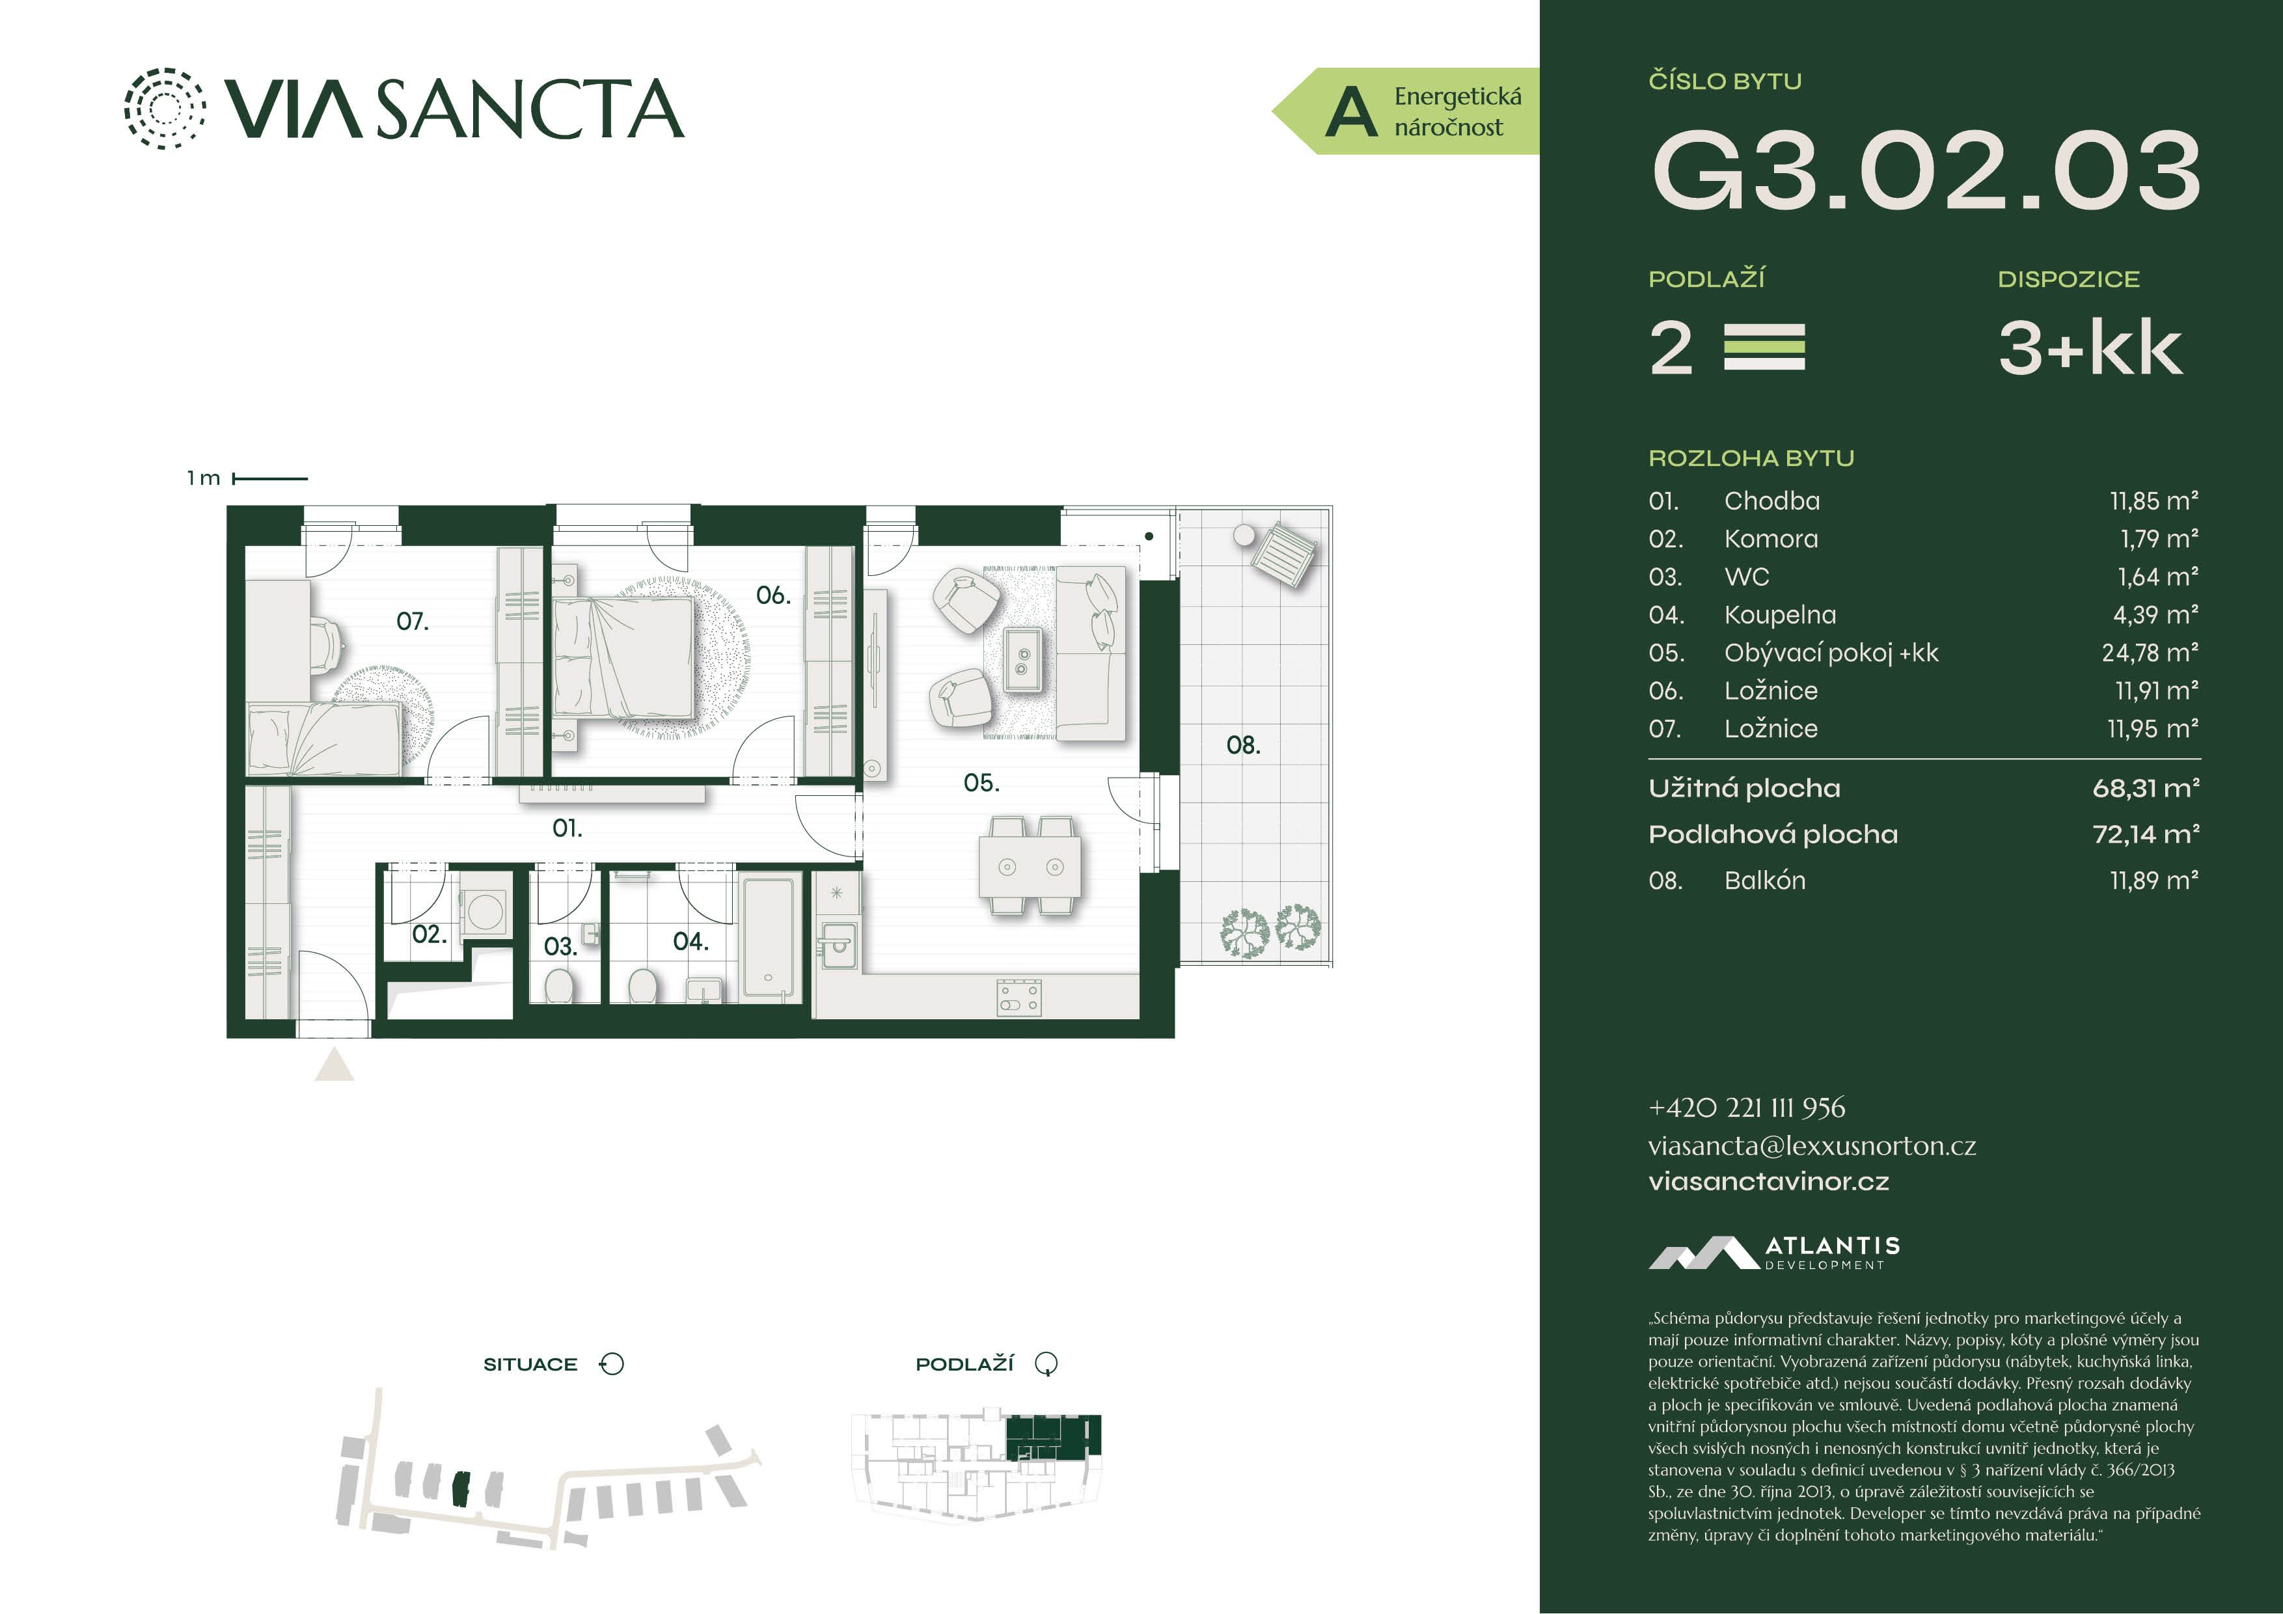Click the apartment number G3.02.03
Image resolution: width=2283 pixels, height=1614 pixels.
click(1926, 171)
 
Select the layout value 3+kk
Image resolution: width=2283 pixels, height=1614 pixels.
click(2090, 348)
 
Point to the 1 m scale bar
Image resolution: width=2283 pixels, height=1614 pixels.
click(269, 478)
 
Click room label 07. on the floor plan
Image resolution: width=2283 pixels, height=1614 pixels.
click(412, 622)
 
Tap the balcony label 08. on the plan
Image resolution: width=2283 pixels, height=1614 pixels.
click(1243, 745)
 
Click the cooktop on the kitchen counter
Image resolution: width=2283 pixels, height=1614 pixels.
click(1019, 998)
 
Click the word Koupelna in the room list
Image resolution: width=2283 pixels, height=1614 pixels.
click(1780, 616)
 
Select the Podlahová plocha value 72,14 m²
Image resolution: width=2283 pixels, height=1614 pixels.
click(2146, 834)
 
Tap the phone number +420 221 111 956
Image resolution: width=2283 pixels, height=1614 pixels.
click(1747, 1108)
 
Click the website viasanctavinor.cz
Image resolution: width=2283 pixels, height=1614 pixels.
click(1769, 1181)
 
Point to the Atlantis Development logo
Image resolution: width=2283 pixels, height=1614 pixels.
click(1775, 1253)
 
